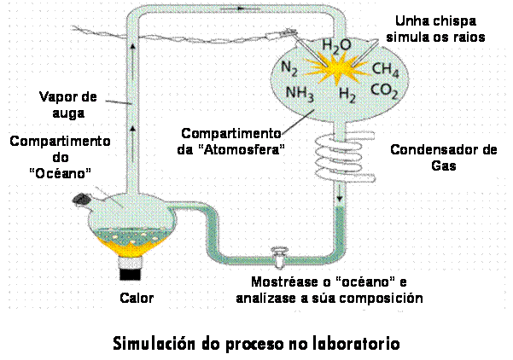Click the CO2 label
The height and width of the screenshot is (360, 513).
(x=383, y=89)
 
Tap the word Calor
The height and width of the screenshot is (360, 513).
(x=137, y=298)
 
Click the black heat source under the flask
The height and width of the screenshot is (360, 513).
(x=130, y=274)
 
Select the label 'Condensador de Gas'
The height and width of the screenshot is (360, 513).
(x=443, y=158)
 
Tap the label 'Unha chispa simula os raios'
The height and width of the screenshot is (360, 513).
(x=435, y=29)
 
